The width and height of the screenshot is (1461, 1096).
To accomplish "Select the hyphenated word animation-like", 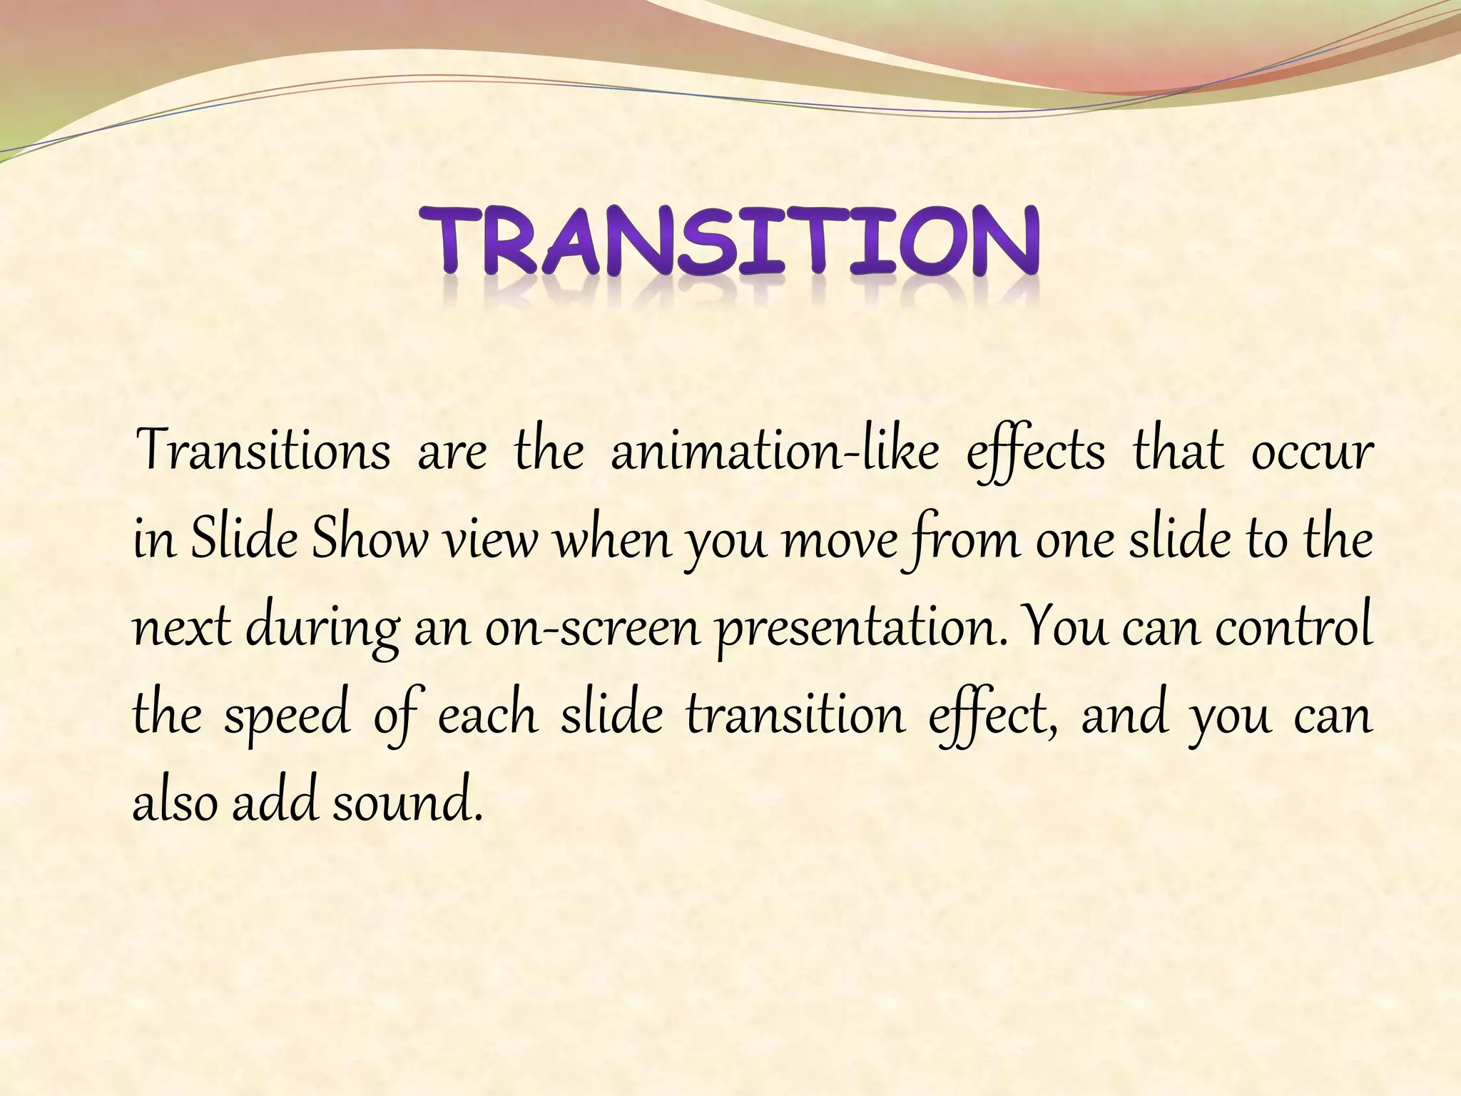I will pyautogui.click(x=775, y=452).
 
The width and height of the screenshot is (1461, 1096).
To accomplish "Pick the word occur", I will pyautogui.click(x=1312, y=452).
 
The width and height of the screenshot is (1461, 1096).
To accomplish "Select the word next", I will pyautogui.click(x=183, y=629).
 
